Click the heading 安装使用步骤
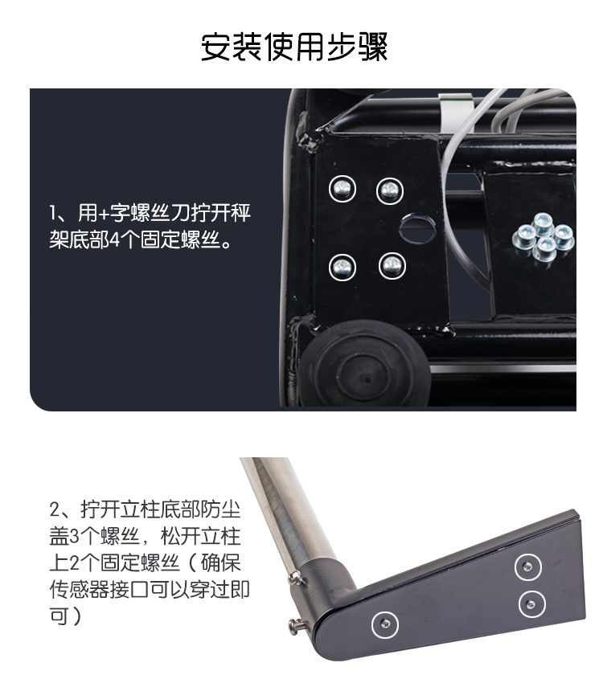(x=294, y=47)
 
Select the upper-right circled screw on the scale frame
(x=390, y=190)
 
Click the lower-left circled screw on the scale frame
(x=343, y=268)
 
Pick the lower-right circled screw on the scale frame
(x=392, y=265)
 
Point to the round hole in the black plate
(x=417, y=228)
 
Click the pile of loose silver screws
(x=544, y=238)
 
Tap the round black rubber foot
(x=365, y=364)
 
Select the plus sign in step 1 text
(x=104, y=213)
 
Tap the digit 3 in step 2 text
(x=74, y=537)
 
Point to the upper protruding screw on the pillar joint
(x=296, y=578)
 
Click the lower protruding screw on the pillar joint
(x=297, y=626)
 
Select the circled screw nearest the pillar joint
(x=385, y=624)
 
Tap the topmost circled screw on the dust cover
(x=527, y=567)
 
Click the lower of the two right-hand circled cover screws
(x=531, y=603)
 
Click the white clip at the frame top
(x=455, y=112)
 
